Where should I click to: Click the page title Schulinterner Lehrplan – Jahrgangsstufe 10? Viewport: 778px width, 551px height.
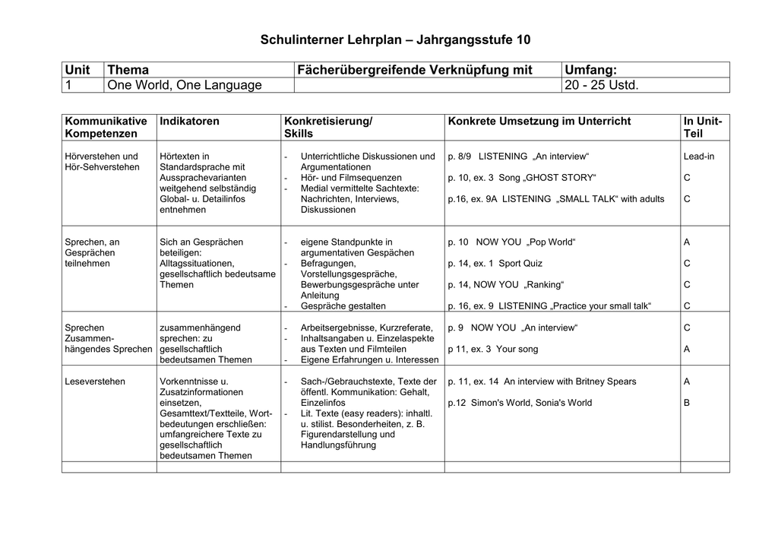point(396,39)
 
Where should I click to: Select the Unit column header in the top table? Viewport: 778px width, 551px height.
point(77,70)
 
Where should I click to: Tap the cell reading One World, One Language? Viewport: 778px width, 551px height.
point(185,85)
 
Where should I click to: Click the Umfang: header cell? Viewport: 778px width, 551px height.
point(592,70)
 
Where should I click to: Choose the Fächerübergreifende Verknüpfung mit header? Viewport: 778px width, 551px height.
point(415,70)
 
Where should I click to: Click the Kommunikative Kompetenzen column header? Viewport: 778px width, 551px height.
point(106,127)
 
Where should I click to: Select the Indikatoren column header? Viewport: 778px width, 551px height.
point(189,121)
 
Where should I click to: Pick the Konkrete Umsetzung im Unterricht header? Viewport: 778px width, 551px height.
point(539,121)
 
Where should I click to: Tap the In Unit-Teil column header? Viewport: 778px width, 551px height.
point(703,127)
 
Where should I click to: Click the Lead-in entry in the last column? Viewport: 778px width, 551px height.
point(698,156)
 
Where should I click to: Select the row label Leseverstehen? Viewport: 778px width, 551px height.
point(95,381)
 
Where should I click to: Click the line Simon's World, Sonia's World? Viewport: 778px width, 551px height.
point(520,402)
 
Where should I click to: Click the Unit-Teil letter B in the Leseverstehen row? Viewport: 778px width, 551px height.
point(687,402)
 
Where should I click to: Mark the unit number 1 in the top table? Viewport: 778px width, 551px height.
point(68,85)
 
